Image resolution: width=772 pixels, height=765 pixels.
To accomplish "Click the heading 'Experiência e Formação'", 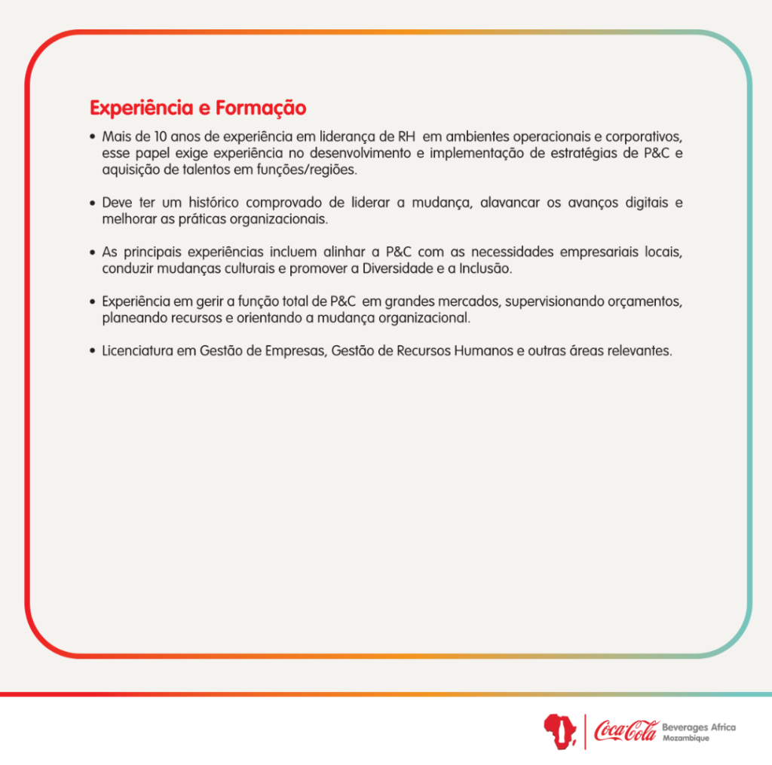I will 198,108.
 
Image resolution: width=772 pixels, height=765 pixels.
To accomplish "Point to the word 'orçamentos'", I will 648,301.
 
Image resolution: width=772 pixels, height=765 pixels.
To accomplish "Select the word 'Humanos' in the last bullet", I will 483,351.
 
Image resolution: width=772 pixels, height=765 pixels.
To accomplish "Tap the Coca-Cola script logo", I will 625,730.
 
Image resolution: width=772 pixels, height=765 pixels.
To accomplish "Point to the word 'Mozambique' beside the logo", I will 685,738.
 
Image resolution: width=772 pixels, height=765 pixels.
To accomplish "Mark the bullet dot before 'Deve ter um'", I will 91,203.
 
